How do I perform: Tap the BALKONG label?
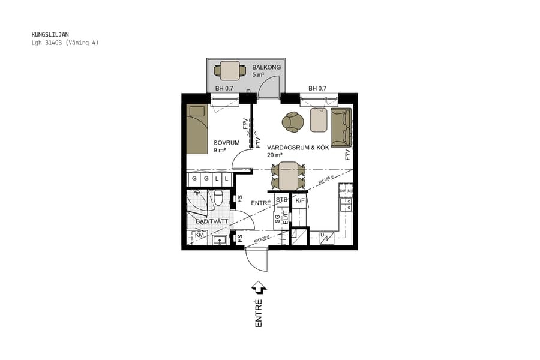[266, 67]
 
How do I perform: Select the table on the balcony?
[230, 71]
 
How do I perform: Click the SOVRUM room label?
[226, 143]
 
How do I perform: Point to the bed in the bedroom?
[196, 134]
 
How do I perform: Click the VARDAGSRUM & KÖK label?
[298, 147]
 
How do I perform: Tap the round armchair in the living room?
[293, 122]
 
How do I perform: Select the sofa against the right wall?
[341, 127]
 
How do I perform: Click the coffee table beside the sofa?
[319, 120]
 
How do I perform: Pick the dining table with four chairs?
[289, 175]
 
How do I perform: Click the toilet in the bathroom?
[219, 196]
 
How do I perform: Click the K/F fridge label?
[300, 200]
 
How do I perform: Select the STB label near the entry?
[281, 200]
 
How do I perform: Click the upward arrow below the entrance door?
[259, 287]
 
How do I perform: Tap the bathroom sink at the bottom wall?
[220, 240]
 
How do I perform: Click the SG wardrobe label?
[277, 220]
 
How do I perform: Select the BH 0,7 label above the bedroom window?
[224, 89]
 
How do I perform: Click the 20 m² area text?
[275, 155]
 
